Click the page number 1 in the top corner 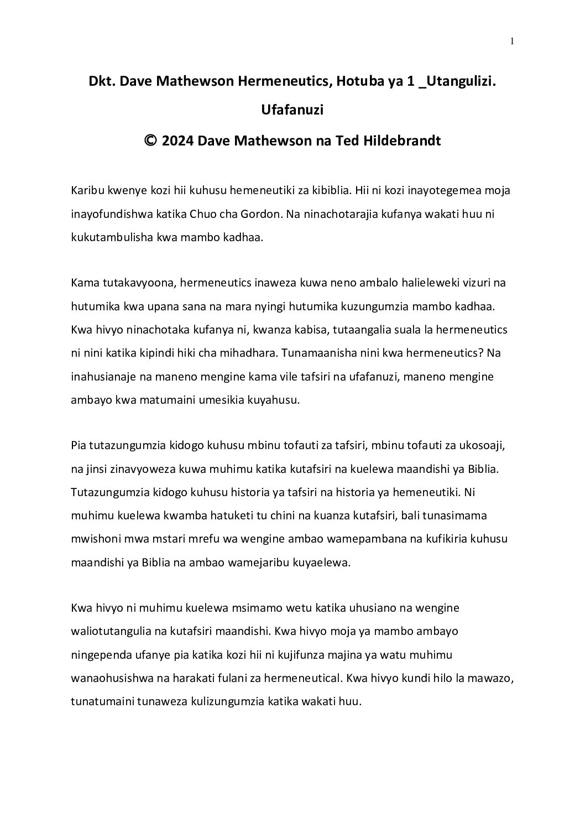coord(512,40)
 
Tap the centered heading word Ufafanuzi coord(292,110)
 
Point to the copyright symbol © coord(150,140)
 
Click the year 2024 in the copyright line coord(177,140)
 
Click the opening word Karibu coord(86,190)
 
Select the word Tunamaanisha coord(304,353)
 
